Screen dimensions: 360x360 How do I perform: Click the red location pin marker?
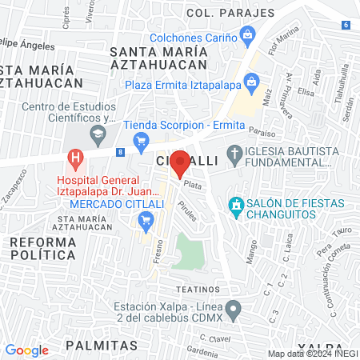[180, 162]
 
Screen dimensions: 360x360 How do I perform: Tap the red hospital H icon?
[76, 158]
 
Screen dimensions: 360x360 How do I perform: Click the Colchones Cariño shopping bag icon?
[248, 36]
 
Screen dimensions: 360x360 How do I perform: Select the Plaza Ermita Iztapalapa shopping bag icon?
[252, 81]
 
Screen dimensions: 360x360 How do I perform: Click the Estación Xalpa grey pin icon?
[233, 308]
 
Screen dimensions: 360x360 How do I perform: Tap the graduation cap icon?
[97, 134]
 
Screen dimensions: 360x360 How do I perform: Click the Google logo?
[26, 350]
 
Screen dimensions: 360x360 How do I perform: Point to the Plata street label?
[192, 185]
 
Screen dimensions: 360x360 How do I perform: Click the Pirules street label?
[188, 212]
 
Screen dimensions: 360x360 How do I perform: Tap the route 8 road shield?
[120, 151]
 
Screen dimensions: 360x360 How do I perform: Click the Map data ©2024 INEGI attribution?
[313, 354]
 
